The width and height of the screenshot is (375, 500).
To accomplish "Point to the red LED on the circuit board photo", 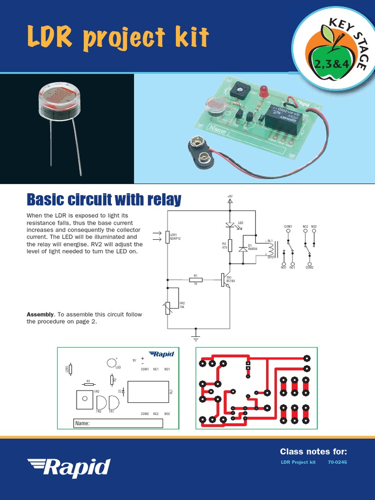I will pos(264,91).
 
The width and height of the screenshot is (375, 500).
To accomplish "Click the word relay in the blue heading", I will pos(161,200).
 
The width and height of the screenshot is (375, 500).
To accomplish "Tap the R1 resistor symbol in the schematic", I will pos(195,280).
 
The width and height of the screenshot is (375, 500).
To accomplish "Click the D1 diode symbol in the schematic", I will pos(242,249).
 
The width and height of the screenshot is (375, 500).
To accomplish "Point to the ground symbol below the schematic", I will pos(196,337).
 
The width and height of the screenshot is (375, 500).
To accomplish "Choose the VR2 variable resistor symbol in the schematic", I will pos(167,307).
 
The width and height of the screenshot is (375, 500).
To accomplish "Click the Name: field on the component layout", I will pos(118,423).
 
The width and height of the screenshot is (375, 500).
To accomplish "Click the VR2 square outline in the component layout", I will pos(85,399).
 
